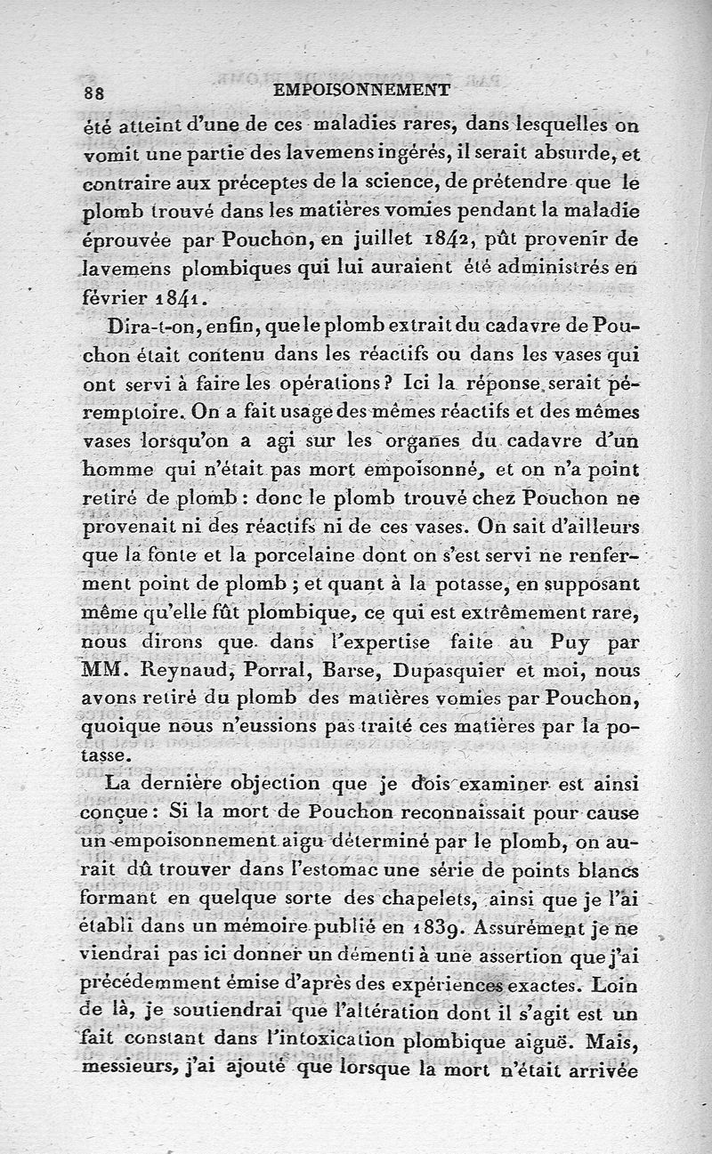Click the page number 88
(94, 93)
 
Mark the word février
(117, 296)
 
